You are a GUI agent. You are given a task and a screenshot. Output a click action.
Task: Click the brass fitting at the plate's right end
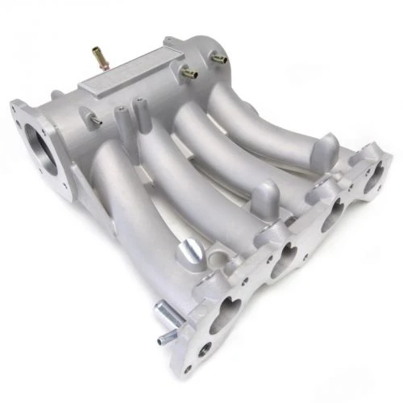tap(189, 73)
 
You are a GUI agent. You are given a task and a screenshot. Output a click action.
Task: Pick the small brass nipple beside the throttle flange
tap(95, 119)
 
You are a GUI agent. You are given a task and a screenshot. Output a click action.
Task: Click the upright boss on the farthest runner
tap(330, 147)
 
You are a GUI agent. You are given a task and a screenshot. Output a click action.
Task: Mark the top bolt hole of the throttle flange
tap(19, 106)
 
